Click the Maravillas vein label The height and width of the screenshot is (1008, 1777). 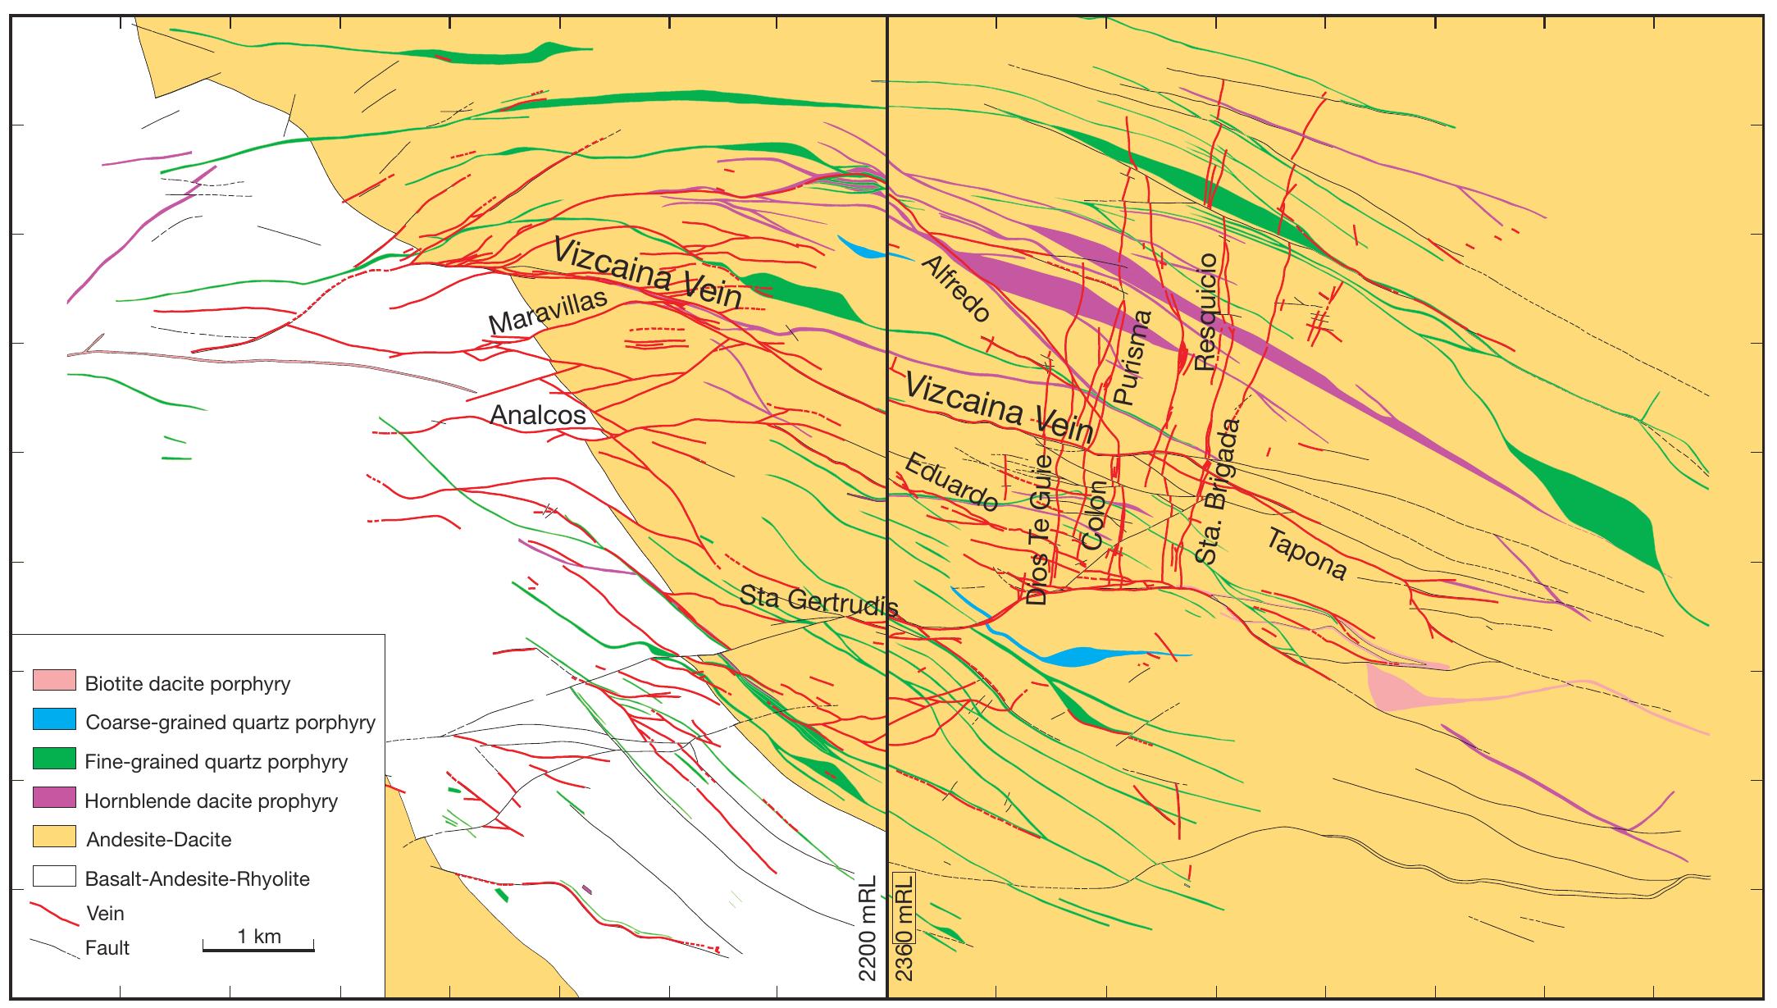[x=548, y=312]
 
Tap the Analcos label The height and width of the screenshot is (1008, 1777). [x=538, y=415]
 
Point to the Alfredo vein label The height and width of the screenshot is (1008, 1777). [x=956, y=287]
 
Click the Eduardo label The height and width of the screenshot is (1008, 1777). [x=951, y=481]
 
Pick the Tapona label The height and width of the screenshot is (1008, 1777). [x=1307, y=554]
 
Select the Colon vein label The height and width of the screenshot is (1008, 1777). [x=1094, y=515]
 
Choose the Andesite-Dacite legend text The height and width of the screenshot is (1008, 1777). [x=158, y=840]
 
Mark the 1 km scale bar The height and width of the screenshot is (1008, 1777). [x=258, y=949]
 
